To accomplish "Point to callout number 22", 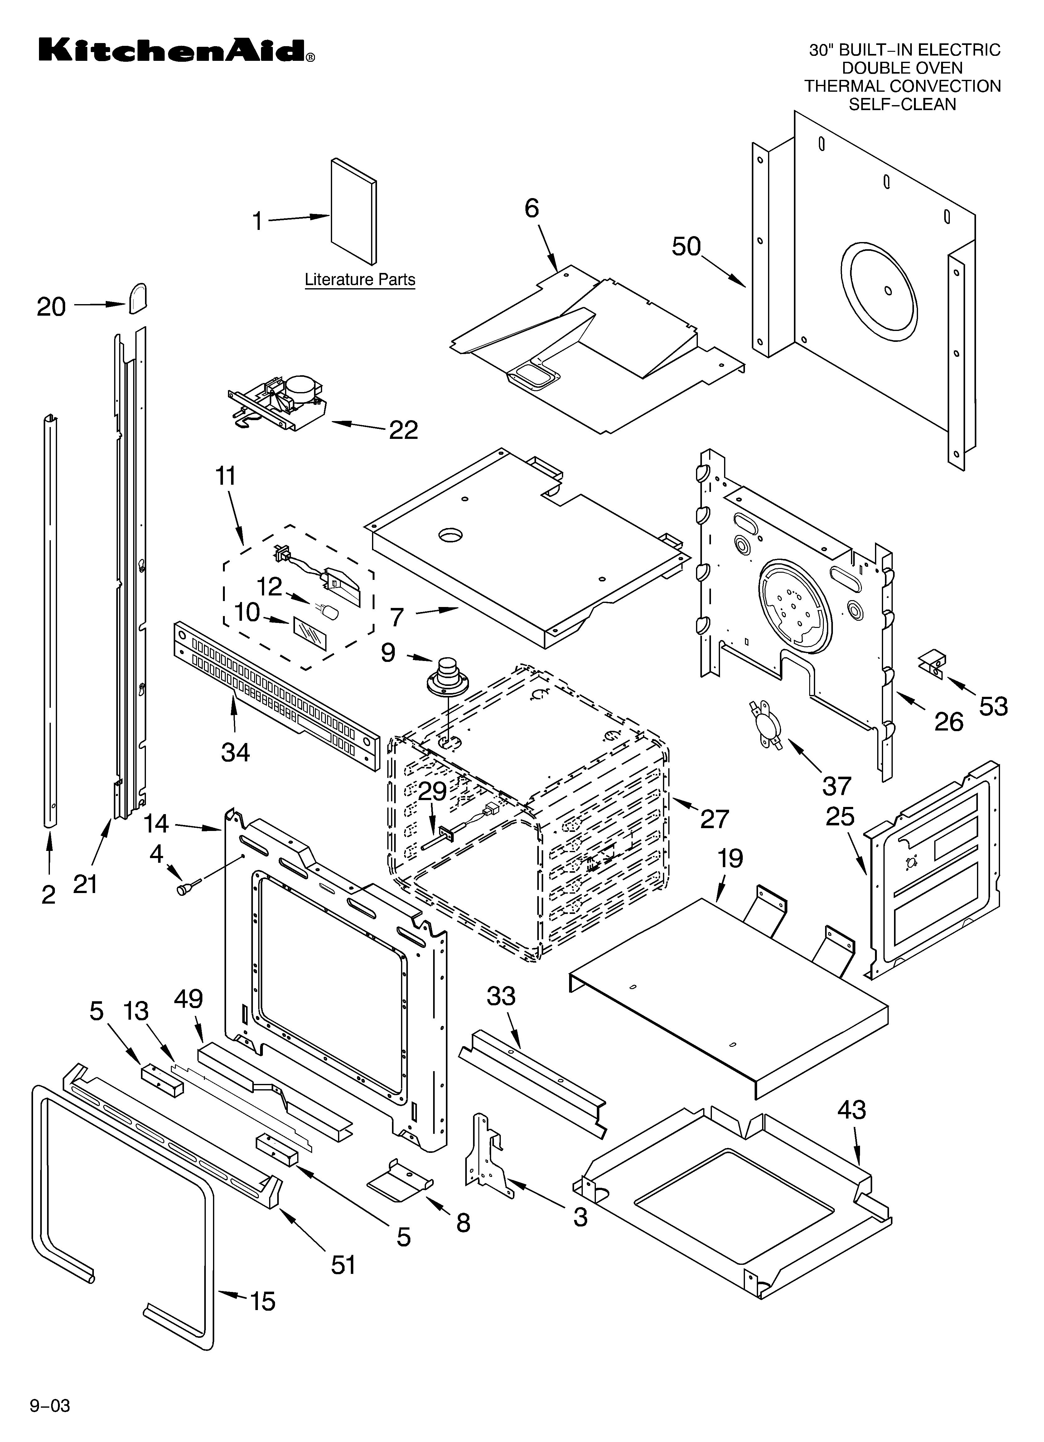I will pos(403,430).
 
